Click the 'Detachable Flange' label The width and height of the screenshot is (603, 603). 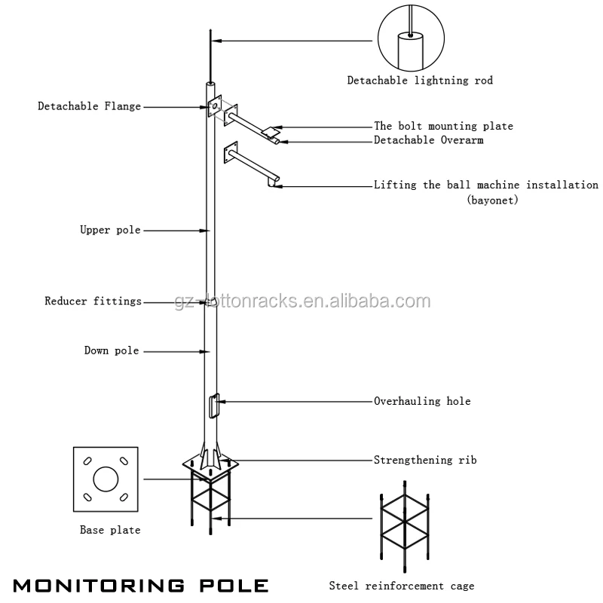[x=89, y=107]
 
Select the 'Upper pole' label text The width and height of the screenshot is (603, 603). [x=110, y=230]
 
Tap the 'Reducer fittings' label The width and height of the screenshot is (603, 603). [x=93, y=301]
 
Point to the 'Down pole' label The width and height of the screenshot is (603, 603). [x=111, y=350]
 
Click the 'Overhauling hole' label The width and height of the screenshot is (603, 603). [x=422, y=401]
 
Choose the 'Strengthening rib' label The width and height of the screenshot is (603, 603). [x=425, y=459]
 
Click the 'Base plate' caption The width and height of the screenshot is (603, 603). [x=110, y=530]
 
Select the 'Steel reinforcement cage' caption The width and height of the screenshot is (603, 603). [x=401, y=586]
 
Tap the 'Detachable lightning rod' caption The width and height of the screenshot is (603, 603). [x=420, y=81]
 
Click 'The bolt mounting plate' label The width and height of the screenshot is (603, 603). [x=443, y=127]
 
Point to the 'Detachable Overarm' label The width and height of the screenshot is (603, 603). [x=429, y=140]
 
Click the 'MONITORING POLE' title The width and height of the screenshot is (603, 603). [x=141, y=585]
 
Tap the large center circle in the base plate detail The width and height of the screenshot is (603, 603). [x=106, y=479]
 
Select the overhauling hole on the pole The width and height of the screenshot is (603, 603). [x=213, y=405]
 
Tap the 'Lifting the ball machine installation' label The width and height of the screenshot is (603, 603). [x=486, y=185]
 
